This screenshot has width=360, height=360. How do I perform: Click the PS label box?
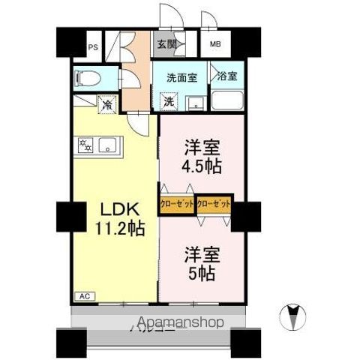pos(94,46)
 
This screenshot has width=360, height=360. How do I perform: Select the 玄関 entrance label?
pos(166,44)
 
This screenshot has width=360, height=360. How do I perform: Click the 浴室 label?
pos(226,76)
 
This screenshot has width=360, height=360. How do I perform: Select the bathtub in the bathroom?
pos(226,100)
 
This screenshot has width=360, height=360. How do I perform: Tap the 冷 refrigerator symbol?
pos(108,105)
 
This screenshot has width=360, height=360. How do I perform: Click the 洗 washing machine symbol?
pos(169,100)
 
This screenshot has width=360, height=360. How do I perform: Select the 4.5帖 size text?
pos(201,166)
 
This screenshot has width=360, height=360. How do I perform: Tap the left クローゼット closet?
pos(178,203)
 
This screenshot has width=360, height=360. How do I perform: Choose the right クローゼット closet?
pos(214,203)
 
